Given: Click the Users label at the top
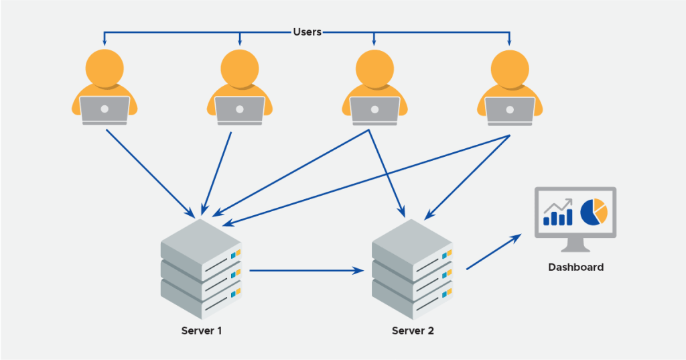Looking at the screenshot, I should point(307,32).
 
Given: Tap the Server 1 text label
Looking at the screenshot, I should point(201,331).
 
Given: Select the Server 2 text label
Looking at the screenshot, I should point(412,331).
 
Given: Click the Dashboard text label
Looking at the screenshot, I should point(575,267).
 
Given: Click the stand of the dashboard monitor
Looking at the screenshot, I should point(575,244).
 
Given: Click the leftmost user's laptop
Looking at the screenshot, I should point(105,110).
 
